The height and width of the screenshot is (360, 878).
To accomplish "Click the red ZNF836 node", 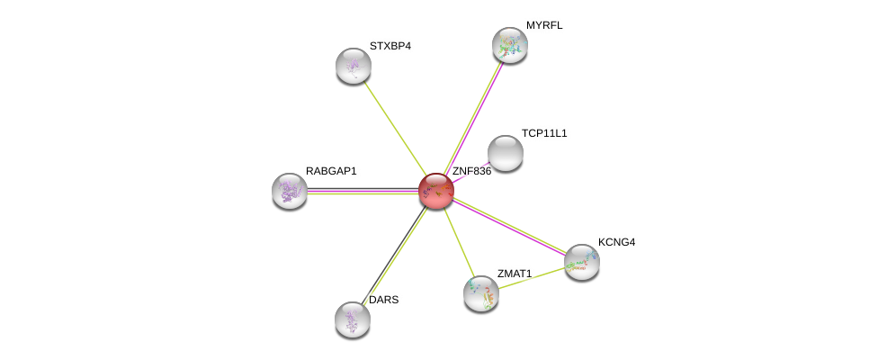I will tap(436, 191).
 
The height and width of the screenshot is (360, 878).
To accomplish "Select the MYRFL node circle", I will tap(509, 45).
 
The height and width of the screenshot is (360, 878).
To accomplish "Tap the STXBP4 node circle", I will tap(354, 65).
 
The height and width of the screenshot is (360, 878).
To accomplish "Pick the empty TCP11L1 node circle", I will tap(506, 153).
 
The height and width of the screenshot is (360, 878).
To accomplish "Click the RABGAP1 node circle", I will tap(290, 190).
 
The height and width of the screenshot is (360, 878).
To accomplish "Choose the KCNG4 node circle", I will tap(582, 262).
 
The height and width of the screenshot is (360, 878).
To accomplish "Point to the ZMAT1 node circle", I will tap(481, 292).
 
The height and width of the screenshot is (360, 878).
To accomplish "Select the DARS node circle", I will tap(353, 319).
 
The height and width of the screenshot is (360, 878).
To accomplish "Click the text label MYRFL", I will tap(543, 25).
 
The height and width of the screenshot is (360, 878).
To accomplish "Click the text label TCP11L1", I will tap(544, 133).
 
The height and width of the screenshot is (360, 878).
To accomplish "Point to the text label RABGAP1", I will tap(331, 171).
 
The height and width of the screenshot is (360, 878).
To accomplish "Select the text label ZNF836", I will tap(471, 171).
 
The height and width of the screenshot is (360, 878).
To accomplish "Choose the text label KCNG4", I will tap(617, 242).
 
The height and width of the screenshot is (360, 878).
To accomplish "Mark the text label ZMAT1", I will tap(515, 273).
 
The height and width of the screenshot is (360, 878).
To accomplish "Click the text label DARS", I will tap(383, 300).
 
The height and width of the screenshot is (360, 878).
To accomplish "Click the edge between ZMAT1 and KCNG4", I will tap(532, 277).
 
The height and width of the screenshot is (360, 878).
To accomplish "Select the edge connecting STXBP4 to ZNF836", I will tap(395, 128).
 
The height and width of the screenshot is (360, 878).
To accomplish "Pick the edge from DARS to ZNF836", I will tap(394, 255).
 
